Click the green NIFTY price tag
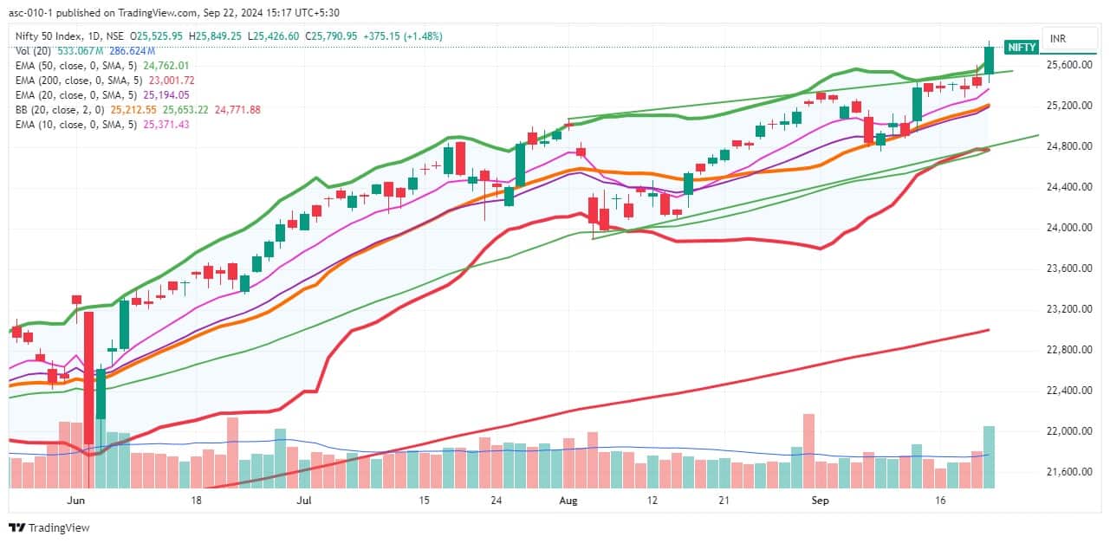pos(1020,48)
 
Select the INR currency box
pos(1058,39)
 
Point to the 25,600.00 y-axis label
pos(1068,65)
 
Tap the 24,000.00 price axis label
pos(1068,228)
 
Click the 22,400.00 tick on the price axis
pos(1068,391)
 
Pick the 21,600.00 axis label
pos(1068,472)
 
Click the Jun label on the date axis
pos(75,501)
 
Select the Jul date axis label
pos(304,501)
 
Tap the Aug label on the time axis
pos(568,501)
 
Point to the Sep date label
pos(820,501)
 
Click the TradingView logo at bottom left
pos(49,527)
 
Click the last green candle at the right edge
pos(989,61)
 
